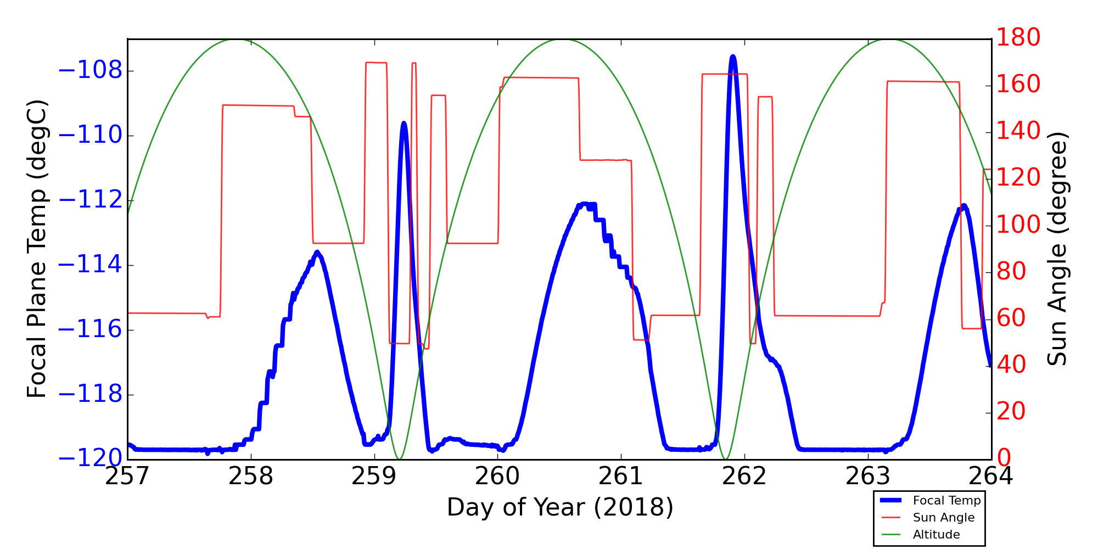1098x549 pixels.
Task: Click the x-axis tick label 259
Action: pos(374,477)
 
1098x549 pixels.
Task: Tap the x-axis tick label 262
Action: pos(744,477)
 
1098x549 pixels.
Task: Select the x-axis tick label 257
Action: pos(127,477)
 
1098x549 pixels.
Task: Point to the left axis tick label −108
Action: pos(90,71)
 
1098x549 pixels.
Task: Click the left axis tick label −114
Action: pos(90,265)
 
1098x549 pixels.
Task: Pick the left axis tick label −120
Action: pos(90,458)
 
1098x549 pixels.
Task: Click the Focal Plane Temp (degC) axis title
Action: pos(37,249)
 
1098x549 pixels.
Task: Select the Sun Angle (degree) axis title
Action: pos(1057,249)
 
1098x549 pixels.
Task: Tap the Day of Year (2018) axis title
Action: pos(560,507)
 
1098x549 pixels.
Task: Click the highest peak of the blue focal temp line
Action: pos(733,57)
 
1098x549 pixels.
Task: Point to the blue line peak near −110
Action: pos(404,124)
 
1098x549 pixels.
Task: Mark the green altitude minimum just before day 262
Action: pos(726,459)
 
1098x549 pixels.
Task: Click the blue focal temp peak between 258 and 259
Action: pos(317,252)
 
